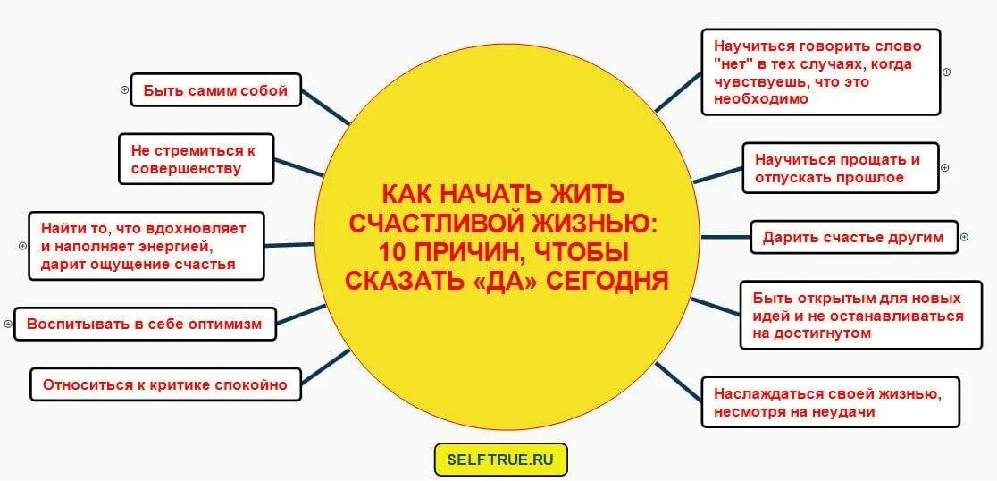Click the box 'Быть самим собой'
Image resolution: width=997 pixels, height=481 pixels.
(215, 90)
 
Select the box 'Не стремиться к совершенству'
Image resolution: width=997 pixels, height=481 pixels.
(196, 159)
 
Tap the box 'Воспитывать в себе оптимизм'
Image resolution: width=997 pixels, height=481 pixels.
(145, 324)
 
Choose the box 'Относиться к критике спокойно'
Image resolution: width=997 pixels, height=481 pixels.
(166, 384)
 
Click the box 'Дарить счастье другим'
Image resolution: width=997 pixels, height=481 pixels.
(852, 238)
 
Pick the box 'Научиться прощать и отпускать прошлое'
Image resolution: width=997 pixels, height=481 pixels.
(840, 168)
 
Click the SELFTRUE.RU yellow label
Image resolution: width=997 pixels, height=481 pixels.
(500, 460)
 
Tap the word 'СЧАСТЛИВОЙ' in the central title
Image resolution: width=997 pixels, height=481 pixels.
(428, 223)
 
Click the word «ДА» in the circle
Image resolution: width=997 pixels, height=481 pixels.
(496, 281)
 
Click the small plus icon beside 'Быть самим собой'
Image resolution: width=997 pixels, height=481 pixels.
(125, 89)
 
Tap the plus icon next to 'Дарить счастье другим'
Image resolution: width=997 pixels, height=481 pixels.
(964, 238)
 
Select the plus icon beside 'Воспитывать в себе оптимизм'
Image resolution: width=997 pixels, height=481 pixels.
(8, 324)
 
